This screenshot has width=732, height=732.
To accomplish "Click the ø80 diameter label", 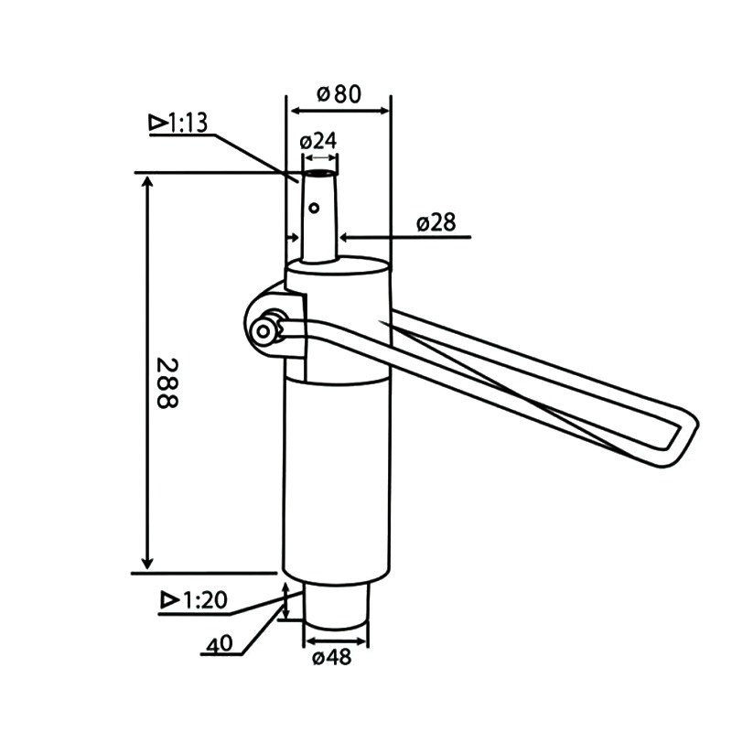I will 339,93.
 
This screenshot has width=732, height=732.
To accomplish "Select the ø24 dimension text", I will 318,141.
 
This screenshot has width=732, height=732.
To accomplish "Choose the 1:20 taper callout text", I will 204,601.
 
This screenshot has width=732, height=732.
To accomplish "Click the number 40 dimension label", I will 220,644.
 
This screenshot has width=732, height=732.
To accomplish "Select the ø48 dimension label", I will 330,657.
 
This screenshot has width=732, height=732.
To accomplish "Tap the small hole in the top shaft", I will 314,209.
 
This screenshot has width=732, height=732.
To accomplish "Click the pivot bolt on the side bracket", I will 266,330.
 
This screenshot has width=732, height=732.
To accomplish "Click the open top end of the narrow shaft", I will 319,173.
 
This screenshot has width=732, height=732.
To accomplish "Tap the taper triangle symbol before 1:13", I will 157,122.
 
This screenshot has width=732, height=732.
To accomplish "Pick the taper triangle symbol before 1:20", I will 168,601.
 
